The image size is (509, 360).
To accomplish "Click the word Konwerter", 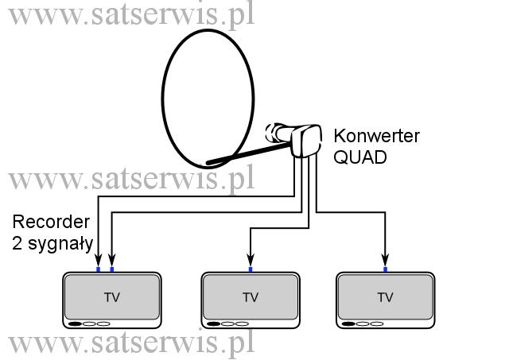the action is click(376, 136).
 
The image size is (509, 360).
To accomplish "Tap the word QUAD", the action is click(360, 157).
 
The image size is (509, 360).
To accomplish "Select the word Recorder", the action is click(51, 222).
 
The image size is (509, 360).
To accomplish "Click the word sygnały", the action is click(60, 244).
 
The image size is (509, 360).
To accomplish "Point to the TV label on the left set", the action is click(112, 297).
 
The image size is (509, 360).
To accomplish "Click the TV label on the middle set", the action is click(251, 297).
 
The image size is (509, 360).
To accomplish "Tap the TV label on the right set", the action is click(385, 297).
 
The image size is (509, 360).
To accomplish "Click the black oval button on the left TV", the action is click(75, 323).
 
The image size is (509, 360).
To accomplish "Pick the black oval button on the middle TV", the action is click(214, 323).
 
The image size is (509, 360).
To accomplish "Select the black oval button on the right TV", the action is click(348, 323).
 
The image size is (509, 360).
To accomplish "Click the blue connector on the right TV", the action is click(385, 269).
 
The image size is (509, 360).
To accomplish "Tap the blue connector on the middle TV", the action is click(251, 269).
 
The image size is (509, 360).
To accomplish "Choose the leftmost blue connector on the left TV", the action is click(99, 269).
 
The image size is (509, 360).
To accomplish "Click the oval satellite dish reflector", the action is click(162, 97).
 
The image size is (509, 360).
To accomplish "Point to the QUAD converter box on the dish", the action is click(305, 141).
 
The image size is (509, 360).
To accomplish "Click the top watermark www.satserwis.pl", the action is click(131, 14).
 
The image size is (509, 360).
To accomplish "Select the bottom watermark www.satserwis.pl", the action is click(131, 343).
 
